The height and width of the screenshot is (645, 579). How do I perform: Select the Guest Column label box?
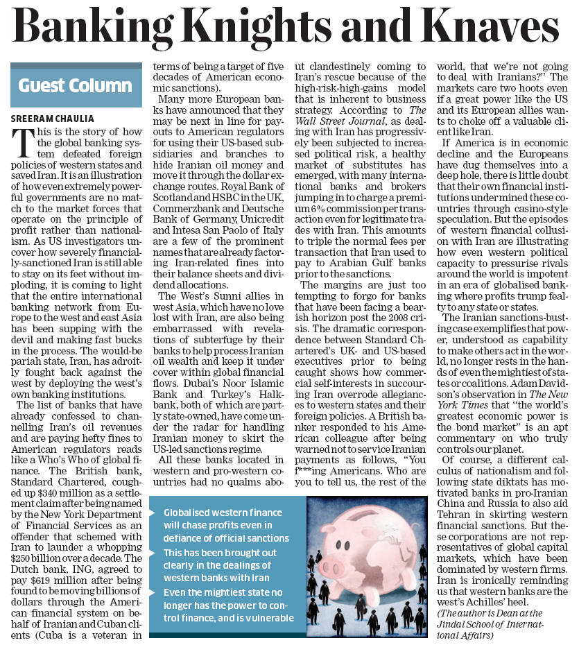76,86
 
